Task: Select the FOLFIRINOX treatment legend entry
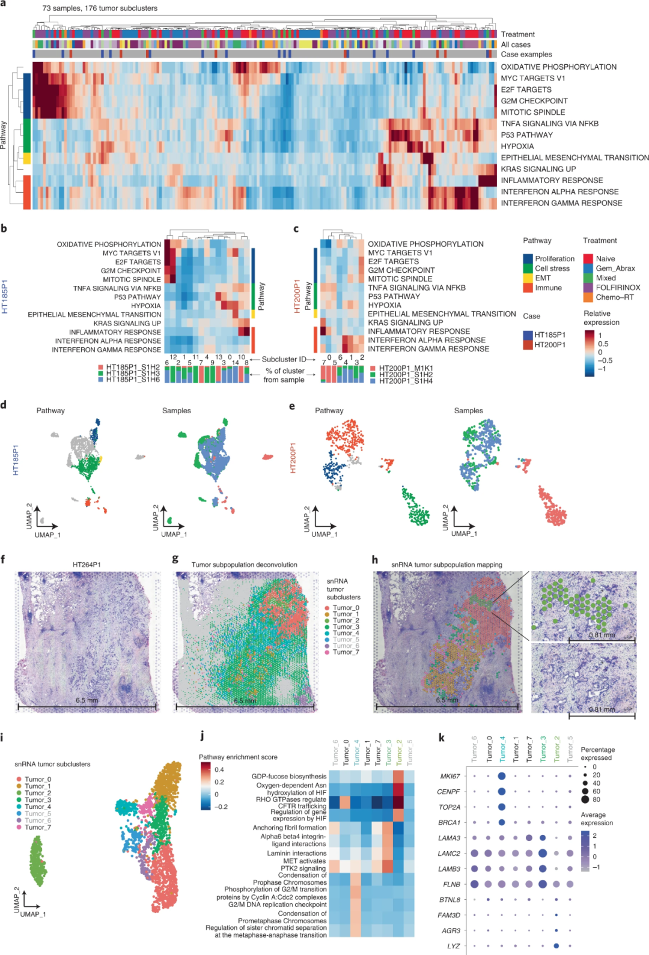[618, 288]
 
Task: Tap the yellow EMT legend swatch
[528, 278]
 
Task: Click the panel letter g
[175, 559]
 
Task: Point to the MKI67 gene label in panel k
[449, 776]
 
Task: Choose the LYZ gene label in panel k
[454, 946]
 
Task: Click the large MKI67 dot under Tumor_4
[502, 776]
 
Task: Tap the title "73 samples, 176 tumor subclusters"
[100, 8]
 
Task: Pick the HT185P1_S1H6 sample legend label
[133, 380]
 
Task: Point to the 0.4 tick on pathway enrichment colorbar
[219, 769]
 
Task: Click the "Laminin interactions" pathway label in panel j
[297, 853]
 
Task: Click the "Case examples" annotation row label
[526, 55]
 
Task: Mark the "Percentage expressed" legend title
[597, 754]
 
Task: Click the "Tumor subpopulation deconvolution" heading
[244, 565]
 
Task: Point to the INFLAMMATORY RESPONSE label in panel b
[115, 332]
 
